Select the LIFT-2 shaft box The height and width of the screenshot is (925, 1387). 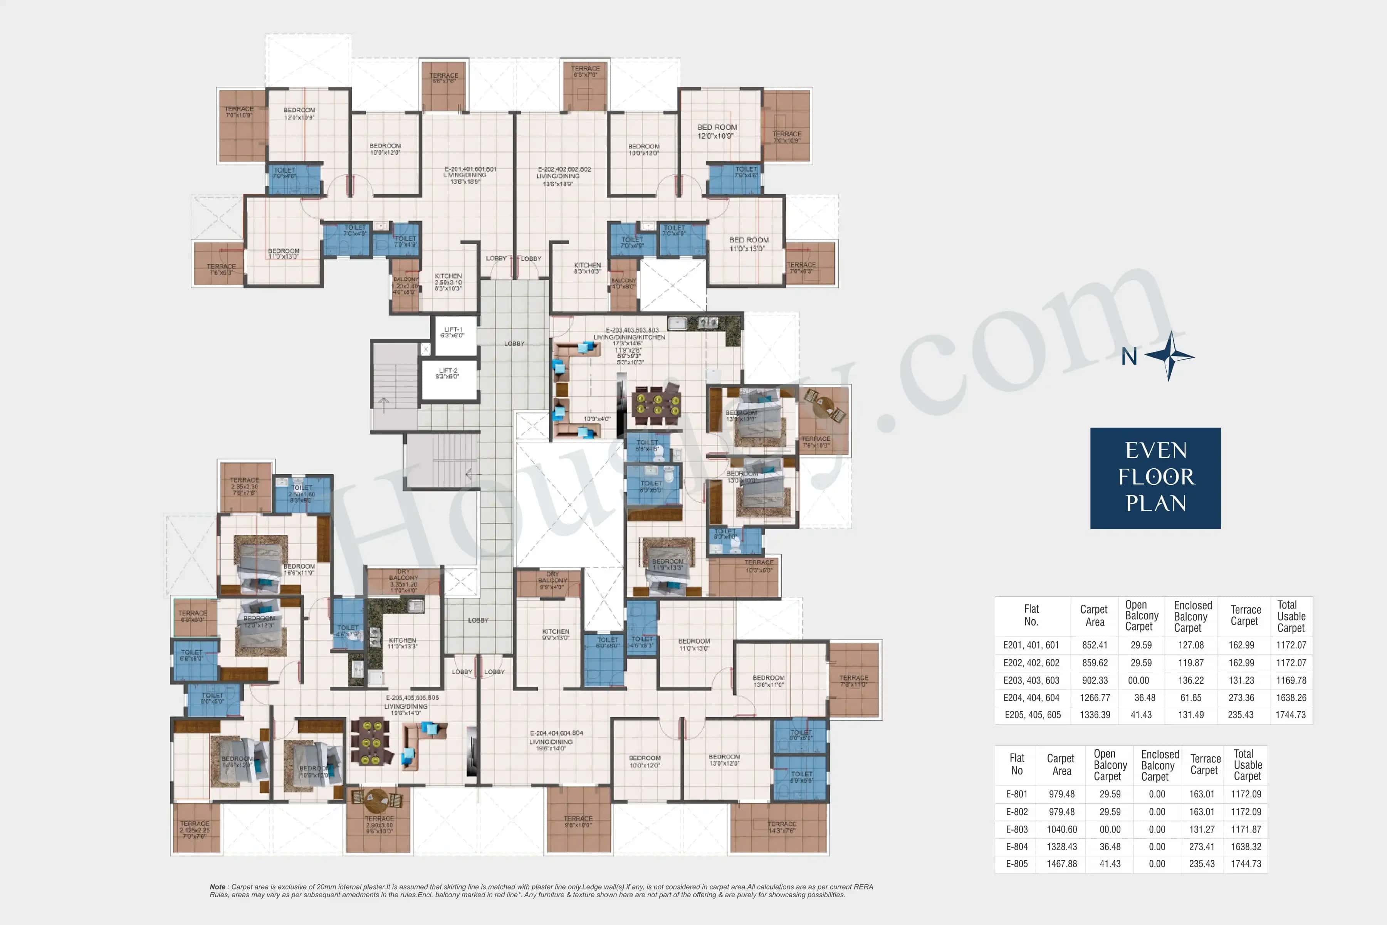point(448,380)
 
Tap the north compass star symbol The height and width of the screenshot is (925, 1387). point(1170,356)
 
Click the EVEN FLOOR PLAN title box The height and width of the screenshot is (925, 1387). point(1155,478)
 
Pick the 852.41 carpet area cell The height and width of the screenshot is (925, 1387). point(1095,645)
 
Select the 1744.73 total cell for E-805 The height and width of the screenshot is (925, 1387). point(1246,864)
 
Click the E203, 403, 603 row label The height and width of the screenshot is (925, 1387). point(1031,680)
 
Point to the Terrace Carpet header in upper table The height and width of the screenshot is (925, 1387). point(1245,615)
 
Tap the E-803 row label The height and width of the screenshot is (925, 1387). point(1017,829)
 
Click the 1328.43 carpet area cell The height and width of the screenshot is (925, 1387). point(1061,846)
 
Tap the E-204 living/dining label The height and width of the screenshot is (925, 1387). point(556,741)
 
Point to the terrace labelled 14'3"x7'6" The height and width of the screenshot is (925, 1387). point(781,827)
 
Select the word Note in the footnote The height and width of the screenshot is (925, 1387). point(217,887)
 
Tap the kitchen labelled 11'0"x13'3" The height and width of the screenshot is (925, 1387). point(402,643)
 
